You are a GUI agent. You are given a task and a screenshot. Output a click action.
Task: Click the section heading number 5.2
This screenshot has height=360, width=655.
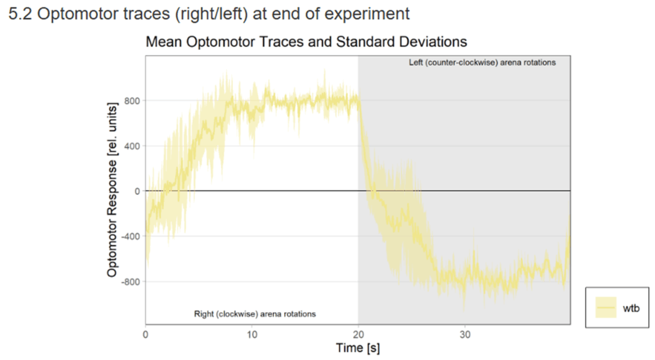click(21, 14)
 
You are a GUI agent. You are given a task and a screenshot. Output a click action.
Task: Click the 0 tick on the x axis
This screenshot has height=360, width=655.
click(146, 334)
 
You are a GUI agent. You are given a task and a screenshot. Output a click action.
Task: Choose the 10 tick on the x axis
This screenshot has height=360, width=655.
click(252, 334)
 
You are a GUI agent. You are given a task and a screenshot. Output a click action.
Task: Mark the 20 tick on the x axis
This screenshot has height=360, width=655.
click(358, 334)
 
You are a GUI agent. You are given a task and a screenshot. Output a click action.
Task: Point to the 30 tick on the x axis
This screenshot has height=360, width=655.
click(465, 334)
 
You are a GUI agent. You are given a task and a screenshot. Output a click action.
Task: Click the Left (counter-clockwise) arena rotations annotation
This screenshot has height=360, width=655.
click(482, 63)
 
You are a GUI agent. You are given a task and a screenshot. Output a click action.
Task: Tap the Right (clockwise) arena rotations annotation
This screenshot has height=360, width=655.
click(255, 314)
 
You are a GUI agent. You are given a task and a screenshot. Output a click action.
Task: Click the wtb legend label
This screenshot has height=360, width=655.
click(631, 308)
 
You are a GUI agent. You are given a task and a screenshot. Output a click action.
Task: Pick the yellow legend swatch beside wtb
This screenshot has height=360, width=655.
click(605, 308)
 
